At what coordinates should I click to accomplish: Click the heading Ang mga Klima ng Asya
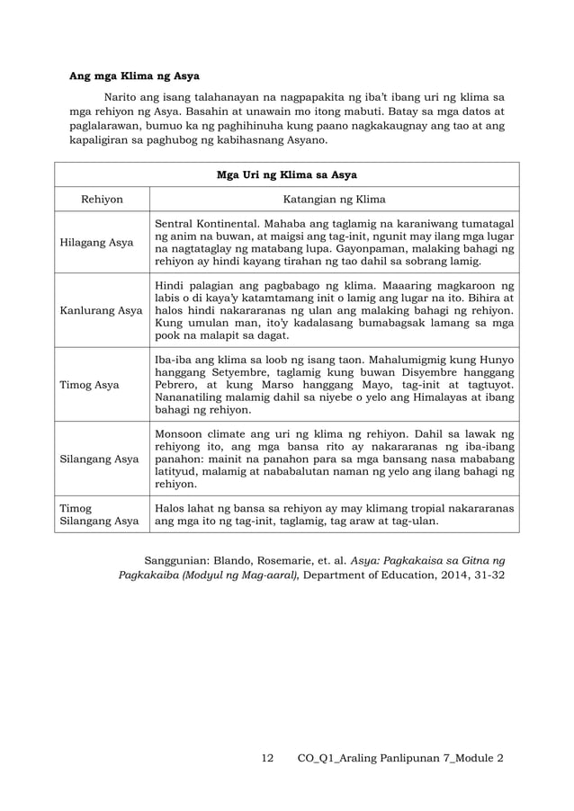click(135, 75)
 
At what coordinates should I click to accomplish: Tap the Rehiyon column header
click(102, 200)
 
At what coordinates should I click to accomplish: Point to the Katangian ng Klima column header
click(334, 200)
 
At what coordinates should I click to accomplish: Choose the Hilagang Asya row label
click(97, 243)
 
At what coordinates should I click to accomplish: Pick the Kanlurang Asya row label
click(101, 311)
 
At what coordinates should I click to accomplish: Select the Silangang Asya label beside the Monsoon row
click(99, 459)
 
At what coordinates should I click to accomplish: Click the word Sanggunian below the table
click(176, 557)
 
